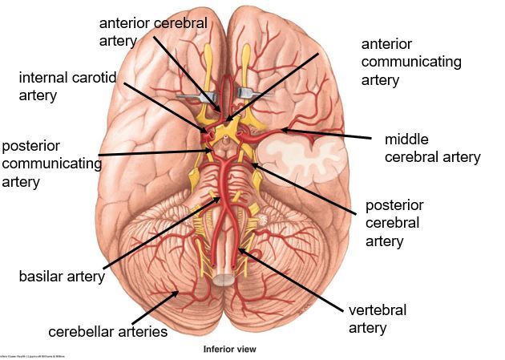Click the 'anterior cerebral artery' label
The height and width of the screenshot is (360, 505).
click(152, 30)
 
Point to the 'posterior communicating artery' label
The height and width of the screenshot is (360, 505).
click(51, 164)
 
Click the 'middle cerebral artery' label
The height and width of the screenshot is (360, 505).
click(432, 148)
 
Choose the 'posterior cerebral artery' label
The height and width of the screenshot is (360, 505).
click(394, 222)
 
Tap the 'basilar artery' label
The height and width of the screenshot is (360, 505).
click(62, 277)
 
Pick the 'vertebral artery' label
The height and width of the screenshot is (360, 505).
click(378, 318)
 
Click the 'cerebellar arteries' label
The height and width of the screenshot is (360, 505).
click(108, 331)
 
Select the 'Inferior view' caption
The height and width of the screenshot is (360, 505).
click(229, 350)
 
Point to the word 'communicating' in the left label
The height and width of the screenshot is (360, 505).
click(51, 164)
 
